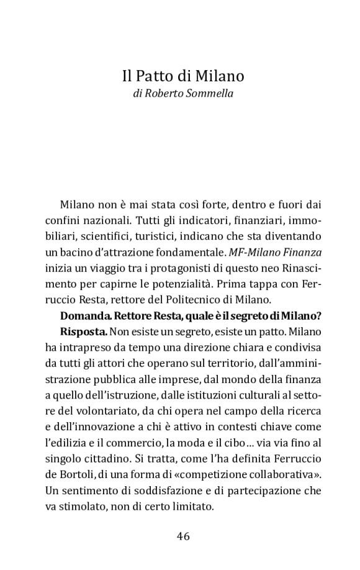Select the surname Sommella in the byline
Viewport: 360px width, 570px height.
pos(206,94)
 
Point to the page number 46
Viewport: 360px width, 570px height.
pos(182,536)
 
